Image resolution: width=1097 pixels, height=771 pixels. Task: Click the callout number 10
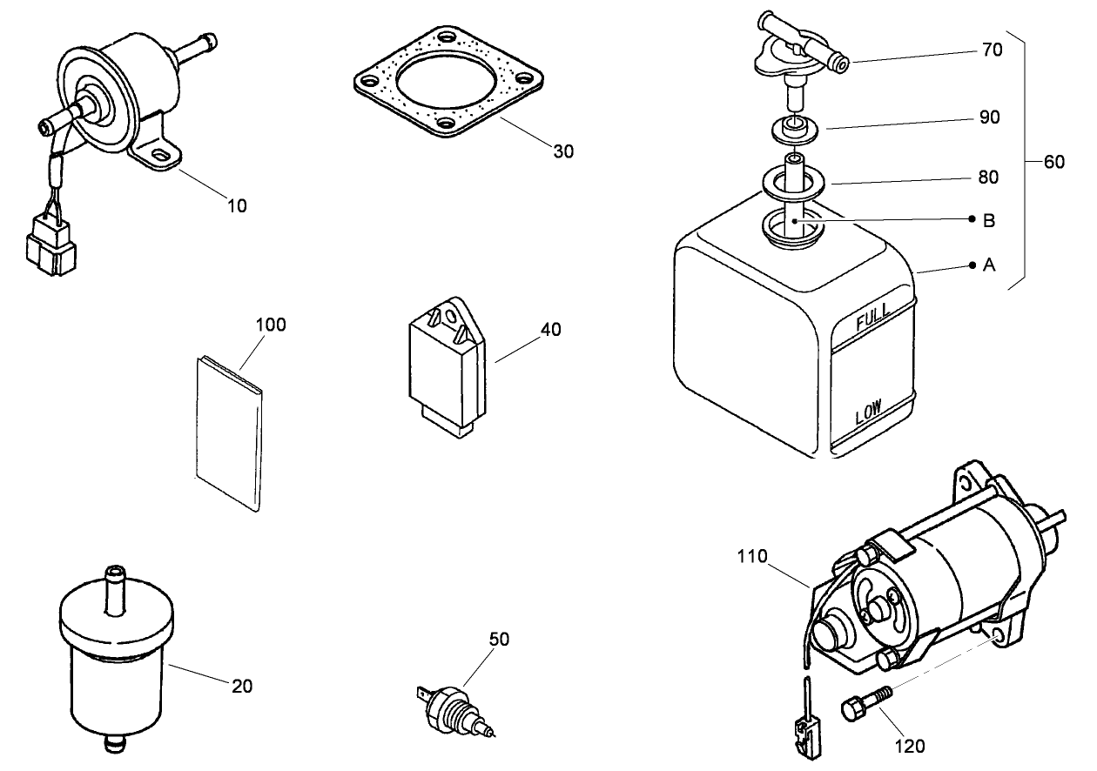pos(237,205)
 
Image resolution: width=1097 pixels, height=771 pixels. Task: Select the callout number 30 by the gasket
pos(563,151)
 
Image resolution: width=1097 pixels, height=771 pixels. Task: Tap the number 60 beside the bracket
pos(1053,163)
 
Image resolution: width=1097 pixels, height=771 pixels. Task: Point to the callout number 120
pos(910,746)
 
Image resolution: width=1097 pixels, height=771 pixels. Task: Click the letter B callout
pos(989,220)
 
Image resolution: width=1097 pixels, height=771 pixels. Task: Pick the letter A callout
pos(989,265)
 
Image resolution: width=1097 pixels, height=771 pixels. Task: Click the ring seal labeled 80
pos(793,184)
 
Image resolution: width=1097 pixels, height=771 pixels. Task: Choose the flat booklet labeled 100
pos(228,431)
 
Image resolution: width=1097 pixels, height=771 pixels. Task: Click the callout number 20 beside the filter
pos(242,686)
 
